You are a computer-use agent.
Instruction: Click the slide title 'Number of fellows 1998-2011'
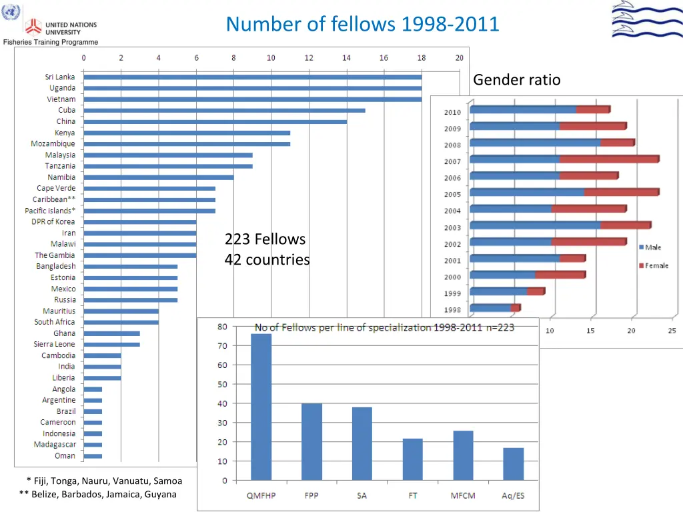362,24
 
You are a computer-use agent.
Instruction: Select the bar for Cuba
224,110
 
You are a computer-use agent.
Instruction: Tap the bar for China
215,121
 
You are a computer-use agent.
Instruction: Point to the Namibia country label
61,177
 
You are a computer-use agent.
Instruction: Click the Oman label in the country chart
65,456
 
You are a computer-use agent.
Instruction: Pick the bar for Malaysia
168,155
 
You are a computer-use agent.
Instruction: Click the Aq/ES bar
513,463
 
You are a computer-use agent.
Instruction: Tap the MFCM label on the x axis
462,496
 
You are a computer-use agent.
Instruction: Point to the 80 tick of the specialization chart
221,327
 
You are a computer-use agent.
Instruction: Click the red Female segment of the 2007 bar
609,159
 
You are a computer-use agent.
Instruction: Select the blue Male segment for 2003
536,225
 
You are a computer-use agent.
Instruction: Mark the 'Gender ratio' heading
517,80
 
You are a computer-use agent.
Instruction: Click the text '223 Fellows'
265,239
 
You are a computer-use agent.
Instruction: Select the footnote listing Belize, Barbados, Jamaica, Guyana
98,494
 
